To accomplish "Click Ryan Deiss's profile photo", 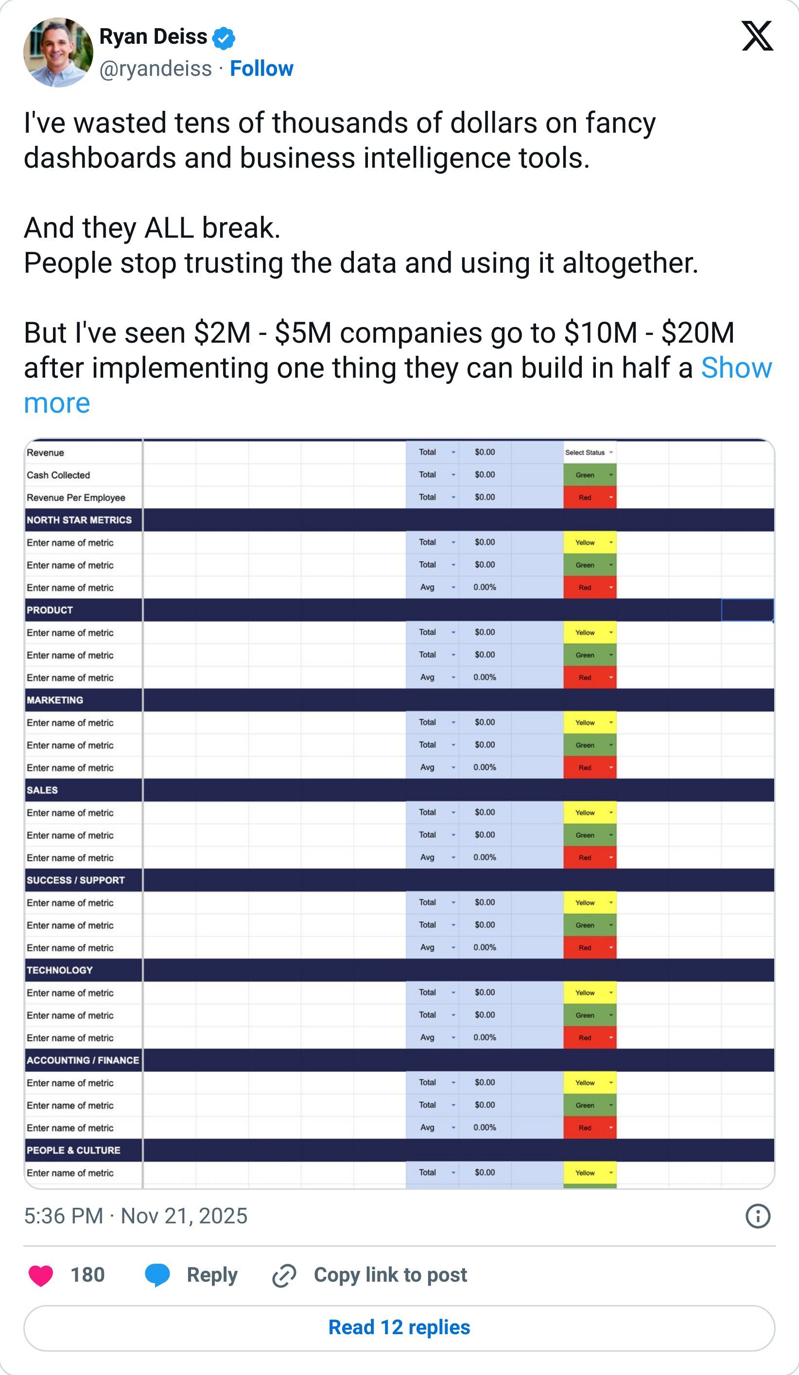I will pyautogui.click(x=58, y=52).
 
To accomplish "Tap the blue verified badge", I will pyautogui.click(x=223, y=37).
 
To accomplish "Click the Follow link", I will pyautogui.click(x=261, y=69).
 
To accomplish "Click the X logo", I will pyautogui.click(x=757, y=36).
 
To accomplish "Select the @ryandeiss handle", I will pyautogui.click(x=156, y=69).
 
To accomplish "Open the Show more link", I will pyautogui.click(x=736, y=368).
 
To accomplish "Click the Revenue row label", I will pyautogui.click(x=45, y=453).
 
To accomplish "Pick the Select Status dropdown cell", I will pyautogui.click(x=589, y=453).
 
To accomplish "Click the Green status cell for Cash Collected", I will pyautogui.click(x=589, y=475).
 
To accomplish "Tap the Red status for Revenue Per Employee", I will pyautogui.click(x=589, y=498).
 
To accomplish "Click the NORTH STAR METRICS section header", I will pyautogui.click(x=79, y=520).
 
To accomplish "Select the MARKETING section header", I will pyautogui.click(x=55, y=700).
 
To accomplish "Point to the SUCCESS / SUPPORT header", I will pyautogui.click(x=76, y=880).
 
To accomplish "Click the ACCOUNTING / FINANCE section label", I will pyautogui.click(x=83, y=1060).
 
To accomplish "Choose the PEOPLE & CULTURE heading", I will pyautogui.click(x=74, y=1150).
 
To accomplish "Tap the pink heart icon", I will pyautogui.click(x=41, y=1276).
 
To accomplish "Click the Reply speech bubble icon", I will pyautogui.click(x=157, y=1276).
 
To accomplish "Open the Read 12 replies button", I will pyautogui.click(x=399, y=1327).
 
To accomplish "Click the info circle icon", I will pyautogui.click(x=758, y=1216).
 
